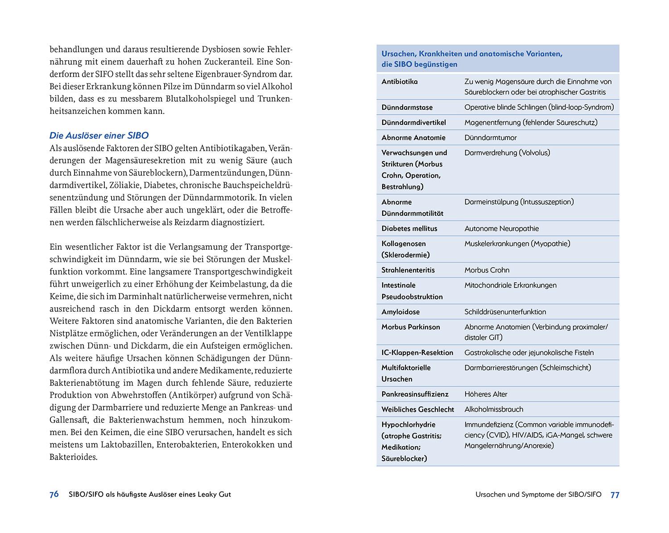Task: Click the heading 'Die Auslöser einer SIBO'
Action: tap(99, 136)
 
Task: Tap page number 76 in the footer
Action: tap(54, 494)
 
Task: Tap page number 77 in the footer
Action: tap(615, 495)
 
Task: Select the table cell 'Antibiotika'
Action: tap(400, 82)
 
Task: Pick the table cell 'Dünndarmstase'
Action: tap(407, 107)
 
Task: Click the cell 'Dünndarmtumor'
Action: tap(490, 138)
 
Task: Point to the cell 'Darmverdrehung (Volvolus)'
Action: tap(507, 153)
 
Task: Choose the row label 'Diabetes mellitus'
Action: tap(409, 229)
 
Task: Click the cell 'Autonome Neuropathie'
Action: tap(501, 229)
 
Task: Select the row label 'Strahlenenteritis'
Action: tap(408, 270)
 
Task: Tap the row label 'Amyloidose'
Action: tap(400, 312)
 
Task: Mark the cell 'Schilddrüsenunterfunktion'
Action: tap(505, 312)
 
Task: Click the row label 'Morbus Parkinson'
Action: tap(410, 327)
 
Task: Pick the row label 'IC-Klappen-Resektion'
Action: tap(417, 353)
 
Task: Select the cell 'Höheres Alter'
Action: tap(486, 394)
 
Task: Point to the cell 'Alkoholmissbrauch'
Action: tap(494, 409)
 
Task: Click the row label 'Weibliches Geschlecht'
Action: tap(417, 409)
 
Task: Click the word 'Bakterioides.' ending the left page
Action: tap(73, 457)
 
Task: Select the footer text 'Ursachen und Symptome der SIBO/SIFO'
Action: tap(538, 494)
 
